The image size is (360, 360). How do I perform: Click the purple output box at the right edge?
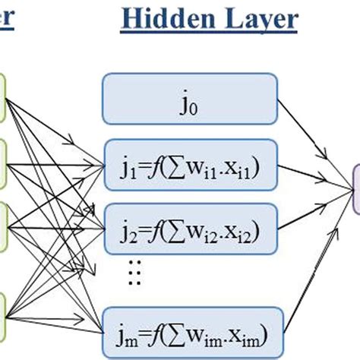(353, 190)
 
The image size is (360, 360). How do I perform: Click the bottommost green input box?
(3, 316)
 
